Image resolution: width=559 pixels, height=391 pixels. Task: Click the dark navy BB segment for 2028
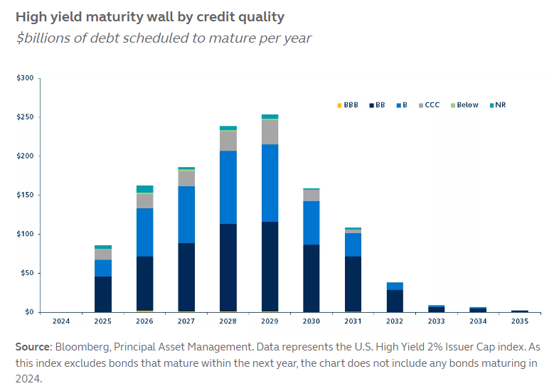point(228,267)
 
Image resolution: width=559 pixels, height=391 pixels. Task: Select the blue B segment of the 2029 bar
point(270,183)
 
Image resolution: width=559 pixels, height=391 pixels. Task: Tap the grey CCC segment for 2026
point(145,200)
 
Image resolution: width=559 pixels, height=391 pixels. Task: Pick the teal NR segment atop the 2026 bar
point(145,189)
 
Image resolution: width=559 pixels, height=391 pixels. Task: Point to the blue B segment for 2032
point(395,286)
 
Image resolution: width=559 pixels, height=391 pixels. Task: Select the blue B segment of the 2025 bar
point(103,268)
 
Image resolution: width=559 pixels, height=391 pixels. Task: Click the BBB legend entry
point(346,105)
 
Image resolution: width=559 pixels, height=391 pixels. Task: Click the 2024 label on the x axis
point(62,321)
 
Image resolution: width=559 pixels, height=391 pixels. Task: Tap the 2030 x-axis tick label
point(312,321)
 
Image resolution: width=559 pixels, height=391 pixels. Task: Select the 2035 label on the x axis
point(520,321)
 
